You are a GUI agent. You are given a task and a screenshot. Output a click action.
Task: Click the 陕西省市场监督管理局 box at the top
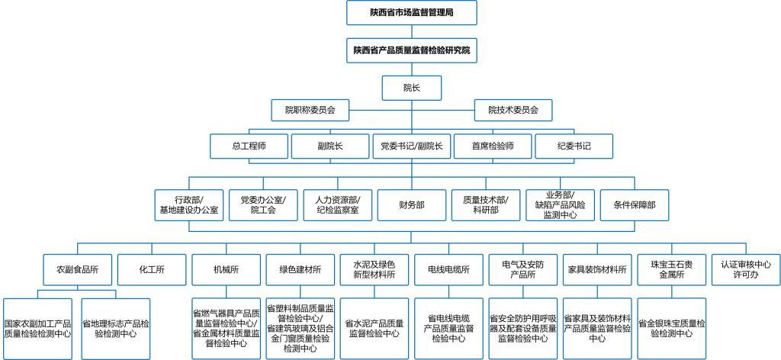click(x=412, y=12)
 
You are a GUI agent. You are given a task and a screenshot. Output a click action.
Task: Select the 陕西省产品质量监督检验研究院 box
click(x=412, y=50)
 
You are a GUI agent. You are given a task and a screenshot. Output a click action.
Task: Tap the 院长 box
click(x=412, y=87)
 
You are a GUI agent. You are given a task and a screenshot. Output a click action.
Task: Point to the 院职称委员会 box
click(x=310, y=110)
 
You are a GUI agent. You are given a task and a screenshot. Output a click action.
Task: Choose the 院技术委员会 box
click(x=513, y=110)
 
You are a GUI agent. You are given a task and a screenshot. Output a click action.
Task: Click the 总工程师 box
click(x=249, y=146)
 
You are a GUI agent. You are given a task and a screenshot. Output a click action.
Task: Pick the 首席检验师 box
click(x=493, y=146)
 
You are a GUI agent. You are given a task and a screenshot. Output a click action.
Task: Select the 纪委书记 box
click(x=574, y=146)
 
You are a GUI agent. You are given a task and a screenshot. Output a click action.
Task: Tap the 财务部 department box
click(x=412, y=205)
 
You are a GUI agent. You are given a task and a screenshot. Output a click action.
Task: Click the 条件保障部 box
click(x=635, y=205)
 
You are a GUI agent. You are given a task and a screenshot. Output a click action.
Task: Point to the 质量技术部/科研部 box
click(x=486, y=205)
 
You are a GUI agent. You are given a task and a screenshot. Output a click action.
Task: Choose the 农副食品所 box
click(x=78, y=269)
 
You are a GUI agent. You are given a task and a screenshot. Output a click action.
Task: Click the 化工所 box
click(x=152, y=269)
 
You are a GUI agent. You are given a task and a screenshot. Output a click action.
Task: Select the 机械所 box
click(x=227, y=269)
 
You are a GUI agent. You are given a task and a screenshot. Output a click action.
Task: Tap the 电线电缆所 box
click(x=448, y=269)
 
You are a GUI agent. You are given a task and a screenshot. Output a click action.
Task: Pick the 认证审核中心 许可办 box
click(x=745, y=269)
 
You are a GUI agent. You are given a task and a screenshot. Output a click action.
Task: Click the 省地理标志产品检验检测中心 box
click(x=115, y=328)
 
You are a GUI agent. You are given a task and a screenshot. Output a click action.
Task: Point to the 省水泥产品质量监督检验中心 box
click(x=374, y=328)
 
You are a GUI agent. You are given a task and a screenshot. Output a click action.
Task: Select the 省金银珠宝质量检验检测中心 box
click(x=671, y=328)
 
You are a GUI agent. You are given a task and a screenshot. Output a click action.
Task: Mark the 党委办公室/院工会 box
click(x=263, y=205)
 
